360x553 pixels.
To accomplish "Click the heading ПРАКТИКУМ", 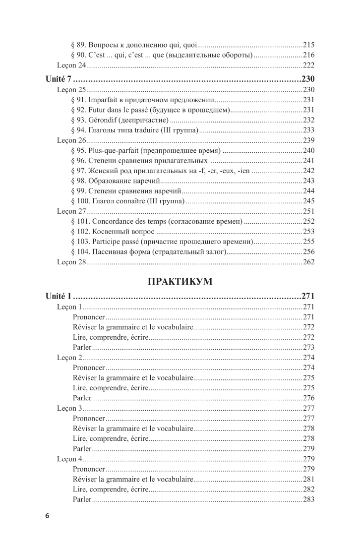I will [x=180, y=281].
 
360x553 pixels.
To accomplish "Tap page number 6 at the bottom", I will [x=47, y=516].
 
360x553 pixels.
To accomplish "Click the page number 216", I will [x=308, y=55].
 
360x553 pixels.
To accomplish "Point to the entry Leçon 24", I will [x=72, y=65].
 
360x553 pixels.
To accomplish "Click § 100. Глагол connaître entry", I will [x=128, y=201].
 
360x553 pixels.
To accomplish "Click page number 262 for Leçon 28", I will [x=308, y=262].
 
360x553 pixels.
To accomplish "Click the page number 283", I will [x=308, y=499].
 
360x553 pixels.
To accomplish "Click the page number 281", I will [x=308, y=479].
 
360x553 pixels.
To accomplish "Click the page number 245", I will [x=308, y=201].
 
